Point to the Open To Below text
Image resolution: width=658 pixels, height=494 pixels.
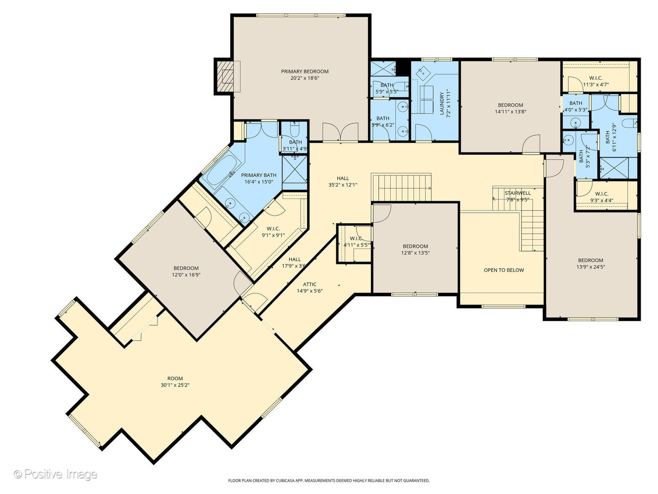pyautogui.click(x=504, y=270)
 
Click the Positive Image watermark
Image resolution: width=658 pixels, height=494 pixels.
pyautogui.click(x=55, y=474)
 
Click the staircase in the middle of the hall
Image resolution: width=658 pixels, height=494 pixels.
pyautogui.click(x=401, y=187)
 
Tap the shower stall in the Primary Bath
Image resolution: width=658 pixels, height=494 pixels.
pyautogui.click(x=294, y=173)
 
